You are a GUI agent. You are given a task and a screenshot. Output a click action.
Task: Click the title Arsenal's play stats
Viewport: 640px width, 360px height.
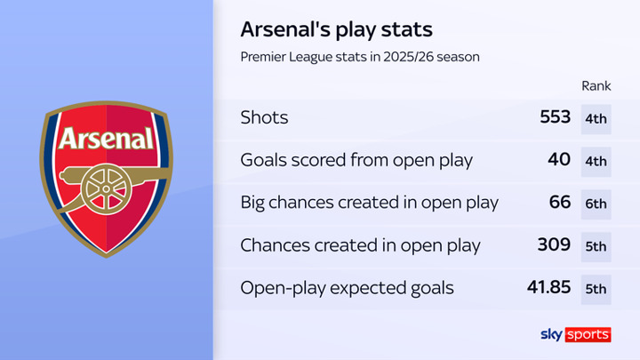(x=336, y=30)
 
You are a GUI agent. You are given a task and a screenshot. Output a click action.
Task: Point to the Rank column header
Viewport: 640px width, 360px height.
(x=596, y=85)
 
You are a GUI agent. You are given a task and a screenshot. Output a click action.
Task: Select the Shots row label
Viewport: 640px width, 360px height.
(x=264, y=117)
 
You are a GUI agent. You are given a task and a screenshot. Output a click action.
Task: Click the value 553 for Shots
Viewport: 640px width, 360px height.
(x=555, y=117)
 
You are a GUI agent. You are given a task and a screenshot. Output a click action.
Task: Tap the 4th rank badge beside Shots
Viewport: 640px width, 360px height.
(x=596, y=119)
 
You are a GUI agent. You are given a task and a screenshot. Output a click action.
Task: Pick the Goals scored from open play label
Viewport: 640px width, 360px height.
(x=356, y=160)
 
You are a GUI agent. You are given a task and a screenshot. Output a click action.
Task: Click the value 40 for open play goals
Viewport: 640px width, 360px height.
(x=559, y=160)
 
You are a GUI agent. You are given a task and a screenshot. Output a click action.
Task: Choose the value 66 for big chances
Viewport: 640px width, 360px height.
(x=560, y=202)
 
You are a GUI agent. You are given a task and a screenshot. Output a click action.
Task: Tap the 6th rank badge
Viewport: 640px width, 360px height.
(x=596, y=204)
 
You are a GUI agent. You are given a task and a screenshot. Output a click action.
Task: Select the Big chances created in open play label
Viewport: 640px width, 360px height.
(x=370, y=203)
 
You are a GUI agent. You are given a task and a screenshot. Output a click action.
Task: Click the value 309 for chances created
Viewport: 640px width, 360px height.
(x=554, y=244)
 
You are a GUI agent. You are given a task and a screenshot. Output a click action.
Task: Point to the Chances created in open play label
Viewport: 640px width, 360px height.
(x=360, y=245)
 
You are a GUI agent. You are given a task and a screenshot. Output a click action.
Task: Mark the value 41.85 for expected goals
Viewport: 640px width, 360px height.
(x=548, y=287)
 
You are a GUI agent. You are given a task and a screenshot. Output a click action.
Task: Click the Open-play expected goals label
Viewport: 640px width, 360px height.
(x=347, y=288)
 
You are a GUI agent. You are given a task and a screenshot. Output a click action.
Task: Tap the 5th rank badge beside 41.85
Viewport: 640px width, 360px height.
(x=596, y=290)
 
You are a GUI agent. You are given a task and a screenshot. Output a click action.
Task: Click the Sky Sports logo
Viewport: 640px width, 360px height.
(x=575, y=335)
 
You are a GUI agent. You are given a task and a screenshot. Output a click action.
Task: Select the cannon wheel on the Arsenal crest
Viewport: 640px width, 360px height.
(x=106, y=189)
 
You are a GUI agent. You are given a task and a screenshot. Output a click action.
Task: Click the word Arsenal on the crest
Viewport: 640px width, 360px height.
(x=107, y=139)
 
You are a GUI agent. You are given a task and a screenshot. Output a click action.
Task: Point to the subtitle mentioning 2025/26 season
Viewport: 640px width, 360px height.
(x=360, y=57)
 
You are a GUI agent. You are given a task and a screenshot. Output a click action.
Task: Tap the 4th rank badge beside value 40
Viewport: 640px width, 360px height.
(x=596, y=162)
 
